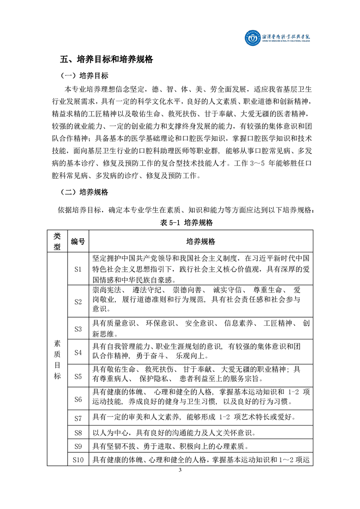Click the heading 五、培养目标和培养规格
coord(107,59)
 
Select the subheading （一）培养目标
coord(84,75)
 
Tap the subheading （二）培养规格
coord(84,192)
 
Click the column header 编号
coord(78,241)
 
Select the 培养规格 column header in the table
coord(201,241)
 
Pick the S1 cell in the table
coord(78,269)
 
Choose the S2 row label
coord(78,301)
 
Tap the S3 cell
coord(78,328)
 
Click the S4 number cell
coord(78,352)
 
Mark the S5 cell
coord(78,376)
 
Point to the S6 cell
coord(78,399)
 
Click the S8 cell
coord(78,433)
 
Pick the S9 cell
coord(78,446)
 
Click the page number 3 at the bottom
coord(180,482)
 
